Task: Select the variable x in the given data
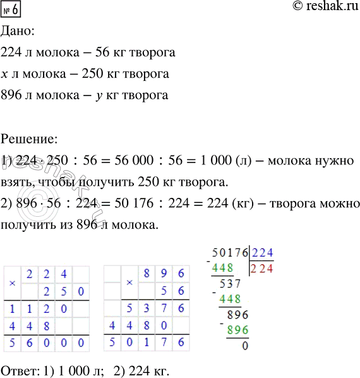point(5,75)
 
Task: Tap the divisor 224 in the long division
point(263,253)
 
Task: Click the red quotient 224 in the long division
point(263,268)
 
